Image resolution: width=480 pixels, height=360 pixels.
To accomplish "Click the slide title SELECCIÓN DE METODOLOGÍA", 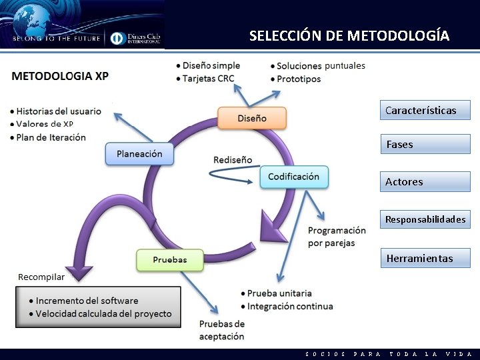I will pos(349,35).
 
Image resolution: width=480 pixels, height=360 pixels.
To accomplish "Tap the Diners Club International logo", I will pos(136,38).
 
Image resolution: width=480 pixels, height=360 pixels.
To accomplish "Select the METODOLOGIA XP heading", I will pos(60,75).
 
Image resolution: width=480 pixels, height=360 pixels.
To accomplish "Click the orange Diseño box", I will pos(252,118).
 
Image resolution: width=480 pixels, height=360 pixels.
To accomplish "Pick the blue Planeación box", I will pos(139,154).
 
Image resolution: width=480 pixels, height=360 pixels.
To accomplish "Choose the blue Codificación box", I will pos(293,177).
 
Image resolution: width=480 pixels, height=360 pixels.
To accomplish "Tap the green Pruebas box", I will pos(169,259).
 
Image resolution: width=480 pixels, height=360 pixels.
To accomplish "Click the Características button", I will pos(425,110).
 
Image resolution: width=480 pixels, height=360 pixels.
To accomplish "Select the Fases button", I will pos(425,144).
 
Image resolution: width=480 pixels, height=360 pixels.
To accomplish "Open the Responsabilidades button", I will pos(425,219).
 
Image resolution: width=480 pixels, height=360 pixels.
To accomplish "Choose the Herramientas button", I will pos(425,258).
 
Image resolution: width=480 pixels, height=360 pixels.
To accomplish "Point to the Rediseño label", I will pos(233,160).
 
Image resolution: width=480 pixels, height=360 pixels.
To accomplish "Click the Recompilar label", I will pos(41,277).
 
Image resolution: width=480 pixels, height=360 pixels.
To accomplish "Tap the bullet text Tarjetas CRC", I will pos(208,78).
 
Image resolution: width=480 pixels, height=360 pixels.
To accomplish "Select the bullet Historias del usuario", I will pos(59,111).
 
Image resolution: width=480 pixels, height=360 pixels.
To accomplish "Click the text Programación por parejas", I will pos(337,237).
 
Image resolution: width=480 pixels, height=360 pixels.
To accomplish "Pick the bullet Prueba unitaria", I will pos(279,293).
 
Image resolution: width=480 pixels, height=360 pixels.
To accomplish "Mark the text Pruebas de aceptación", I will pos(222,330).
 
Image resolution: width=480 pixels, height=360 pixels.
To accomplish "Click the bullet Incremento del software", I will pos(87,301).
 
